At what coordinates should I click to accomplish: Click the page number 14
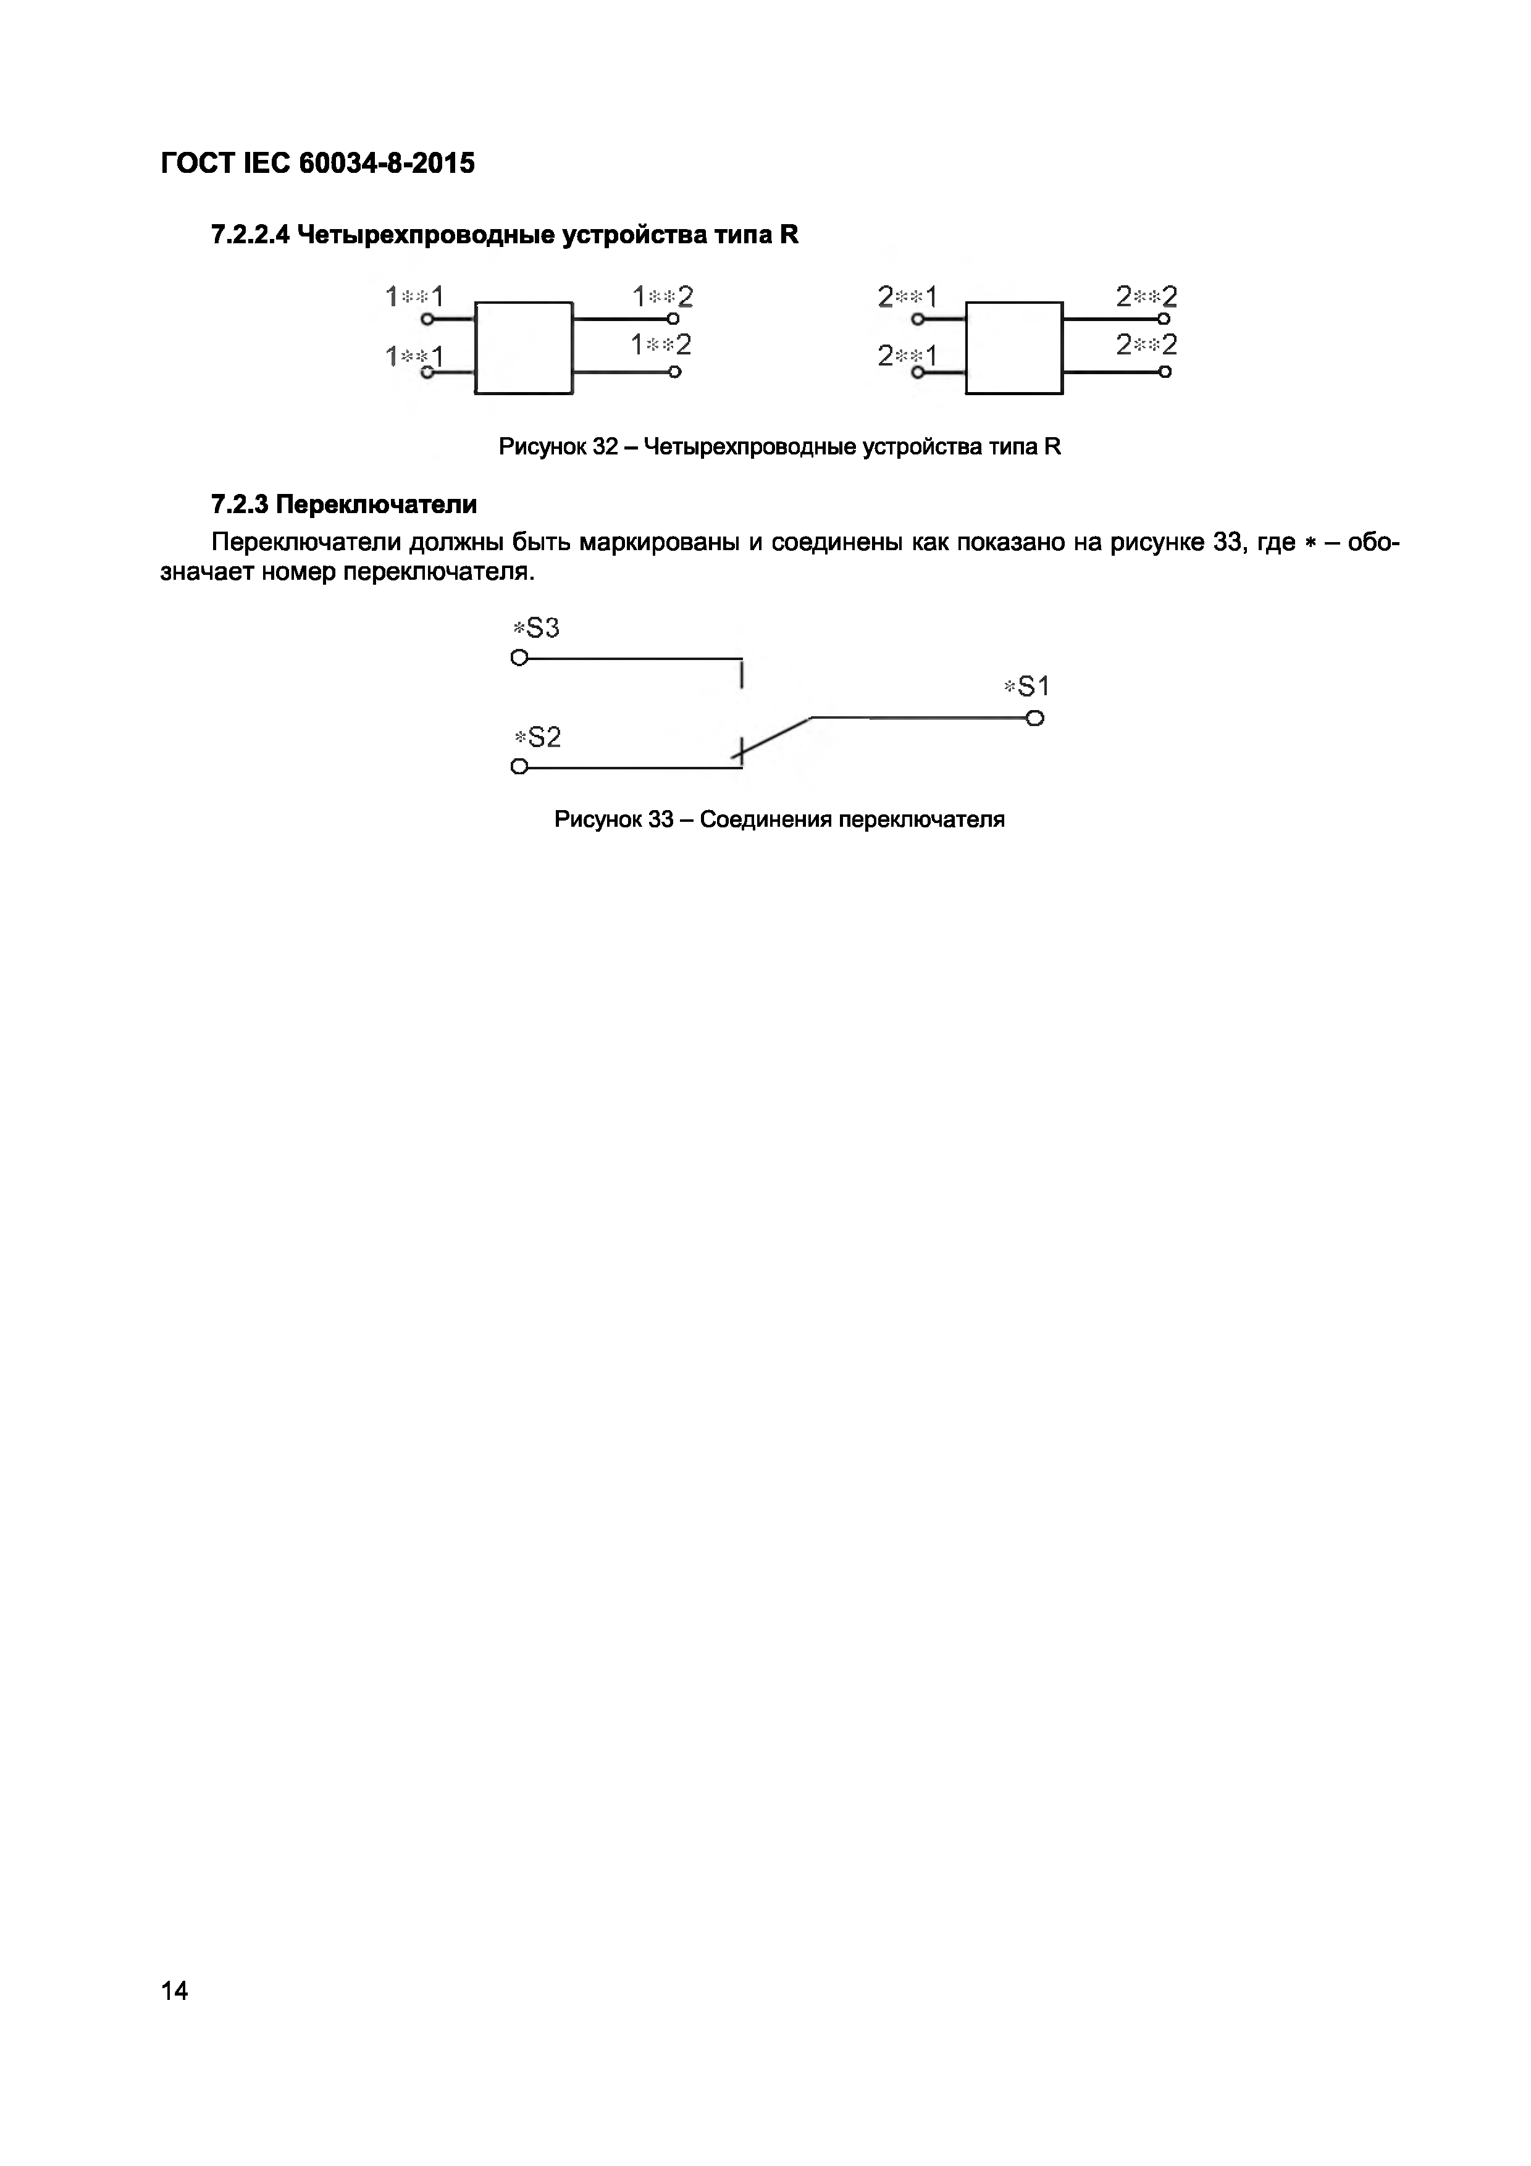pos(175,1991)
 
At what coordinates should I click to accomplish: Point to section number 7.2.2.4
pos(250,235)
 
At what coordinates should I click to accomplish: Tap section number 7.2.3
pos(240,504)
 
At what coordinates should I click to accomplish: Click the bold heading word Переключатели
pos(376,504)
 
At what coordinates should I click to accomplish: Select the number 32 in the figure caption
pos(605,447)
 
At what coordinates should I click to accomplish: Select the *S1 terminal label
pos(1026,687)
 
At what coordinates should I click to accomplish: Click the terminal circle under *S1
pos(1035,719)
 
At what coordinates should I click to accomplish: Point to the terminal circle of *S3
pos(519,658)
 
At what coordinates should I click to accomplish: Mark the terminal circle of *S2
pos(519,767)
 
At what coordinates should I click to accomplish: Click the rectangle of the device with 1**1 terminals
pos(524,347)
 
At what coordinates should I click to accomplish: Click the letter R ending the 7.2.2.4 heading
pos(789,235)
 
